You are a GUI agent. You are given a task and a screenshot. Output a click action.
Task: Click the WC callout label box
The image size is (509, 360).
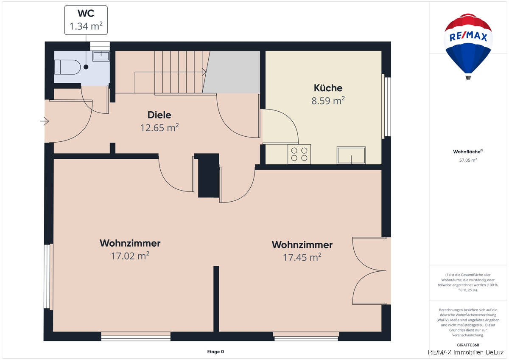click(x=86, y=20)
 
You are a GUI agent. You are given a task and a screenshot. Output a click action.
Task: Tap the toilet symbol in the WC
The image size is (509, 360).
click(x=67, y=67)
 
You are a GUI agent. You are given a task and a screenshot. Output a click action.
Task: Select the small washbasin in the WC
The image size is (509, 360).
click(x=101, y=56)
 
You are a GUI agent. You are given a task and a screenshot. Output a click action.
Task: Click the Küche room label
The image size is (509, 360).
click(x=328, y=88)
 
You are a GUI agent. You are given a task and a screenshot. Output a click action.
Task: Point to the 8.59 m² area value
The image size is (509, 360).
click(x=328, y=101)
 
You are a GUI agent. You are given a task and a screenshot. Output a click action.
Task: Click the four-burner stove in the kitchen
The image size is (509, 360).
click(x=299, y=154)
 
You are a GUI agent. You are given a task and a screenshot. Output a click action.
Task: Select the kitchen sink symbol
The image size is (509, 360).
click(x=351, y=155)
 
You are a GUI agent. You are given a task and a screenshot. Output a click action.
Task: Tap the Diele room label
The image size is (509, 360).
click(x=159, y=115)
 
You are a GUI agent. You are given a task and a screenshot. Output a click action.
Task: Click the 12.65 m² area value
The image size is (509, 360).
click(x=159, y=128)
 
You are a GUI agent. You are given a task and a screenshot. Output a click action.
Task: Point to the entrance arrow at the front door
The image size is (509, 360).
click(x=45, y=121)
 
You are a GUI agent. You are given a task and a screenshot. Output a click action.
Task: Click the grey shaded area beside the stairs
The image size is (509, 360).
click(x=232, y=72)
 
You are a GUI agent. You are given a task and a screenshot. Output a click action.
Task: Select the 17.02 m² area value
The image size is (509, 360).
click(x=130, y=256)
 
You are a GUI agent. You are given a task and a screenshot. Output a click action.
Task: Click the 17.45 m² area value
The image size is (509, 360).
click(x=302, y=257)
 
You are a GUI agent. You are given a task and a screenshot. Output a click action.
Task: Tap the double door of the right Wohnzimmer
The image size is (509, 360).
click(x=369, y=270)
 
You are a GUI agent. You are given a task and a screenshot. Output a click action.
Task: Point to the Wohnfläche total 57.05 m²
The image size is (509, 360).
click(x=468, y=160)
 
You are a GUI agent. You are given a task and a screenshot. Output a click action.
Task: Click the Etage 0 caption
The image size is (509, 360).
click(x=215, y=352)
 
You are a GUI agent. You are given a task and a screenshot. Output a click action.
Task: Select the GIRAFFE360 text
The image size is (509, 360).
click(x=468, y=345)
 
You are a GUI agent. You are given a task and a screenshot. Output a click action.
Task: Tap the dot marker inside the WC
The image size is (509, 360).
click(x=86, y=67)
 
